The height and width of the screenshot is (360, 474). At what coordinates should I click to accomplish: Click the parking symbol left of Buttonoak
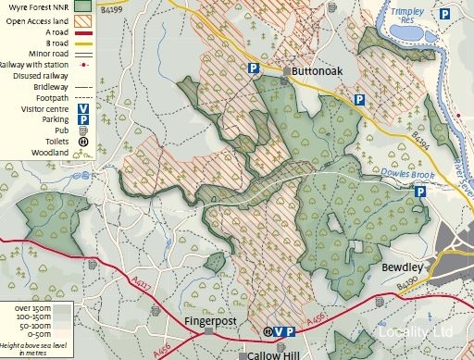click(x=253, y=68)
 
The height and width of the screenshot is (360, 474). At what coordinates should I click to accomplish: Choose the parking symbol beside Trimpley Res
click(x=444, y=14)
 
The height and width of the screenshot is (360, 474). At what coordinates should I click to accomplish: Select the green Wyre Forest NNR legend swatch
click(x=82, y=6)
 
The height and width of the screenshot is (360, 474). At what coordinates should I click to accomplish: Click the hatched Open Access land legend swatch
click(x=82, y=19)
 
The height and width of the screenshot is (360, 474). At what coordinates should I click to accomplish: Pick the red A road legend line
click(x=82, y=31)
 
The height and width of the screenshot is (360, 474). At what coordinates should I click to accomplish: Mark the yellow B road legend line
click(x=82, y=43)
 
